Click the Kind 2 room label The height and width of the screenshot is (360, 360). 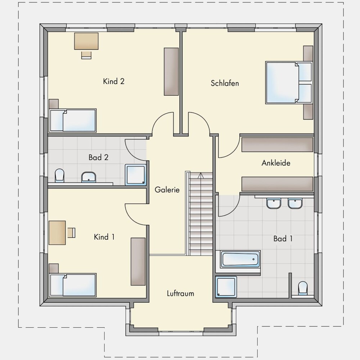pos(114,81)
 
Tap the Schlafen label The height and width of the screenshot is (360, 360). pos(225,83)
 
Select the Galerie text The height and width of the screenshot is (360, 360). pos(167,190)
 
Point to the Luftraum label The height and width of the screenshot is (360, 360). pos(180,293)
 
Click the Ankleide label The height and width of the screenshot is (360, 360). pos(276,163)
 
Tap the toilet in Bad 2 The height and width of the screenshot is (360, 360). pos(60,175)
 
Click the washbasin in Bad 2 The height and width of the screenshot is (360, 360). pos(89,177)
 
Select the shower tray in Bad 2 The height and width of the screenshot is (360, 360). pos(135,175)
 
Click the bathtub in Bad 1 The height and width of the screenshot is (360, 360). pos(240,260)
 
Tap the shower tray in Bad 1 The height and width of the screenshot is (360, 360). pos(226,287)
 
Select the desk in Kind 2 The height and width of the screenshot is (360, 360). pos(86,41)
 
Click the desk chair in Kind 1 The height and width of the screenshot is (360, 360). pos(71,233)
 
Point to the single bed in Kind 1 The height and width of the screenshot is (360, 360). pos(73,285)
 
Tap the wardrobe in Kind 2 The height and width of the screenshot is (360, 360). pos(171,72)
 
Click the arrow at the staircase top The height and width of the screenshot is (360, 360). pos(201,176)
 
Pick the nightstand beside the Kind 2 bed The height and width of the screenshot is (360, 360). pos(54,104)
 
